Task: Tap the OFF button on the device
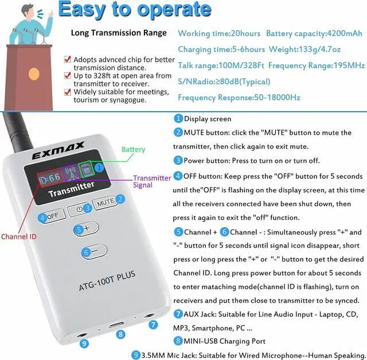coord(53,217)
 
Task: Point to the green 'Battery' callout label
coord(133,150)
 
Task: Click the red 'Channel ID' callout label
coord(19,236)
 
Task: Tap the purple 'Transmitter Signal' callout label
coord(152,181)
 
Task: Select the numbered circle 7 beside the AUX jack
coord(153,324)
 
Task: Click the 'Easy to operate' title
coord(135,10)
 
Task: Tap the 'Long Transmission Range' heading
coord(119,33)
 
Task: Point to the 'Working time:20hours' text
coord(219,34)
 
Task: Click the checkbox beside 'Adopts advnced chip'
coord(68,59)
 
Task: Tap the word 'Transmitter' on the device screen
coord(71,186)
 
